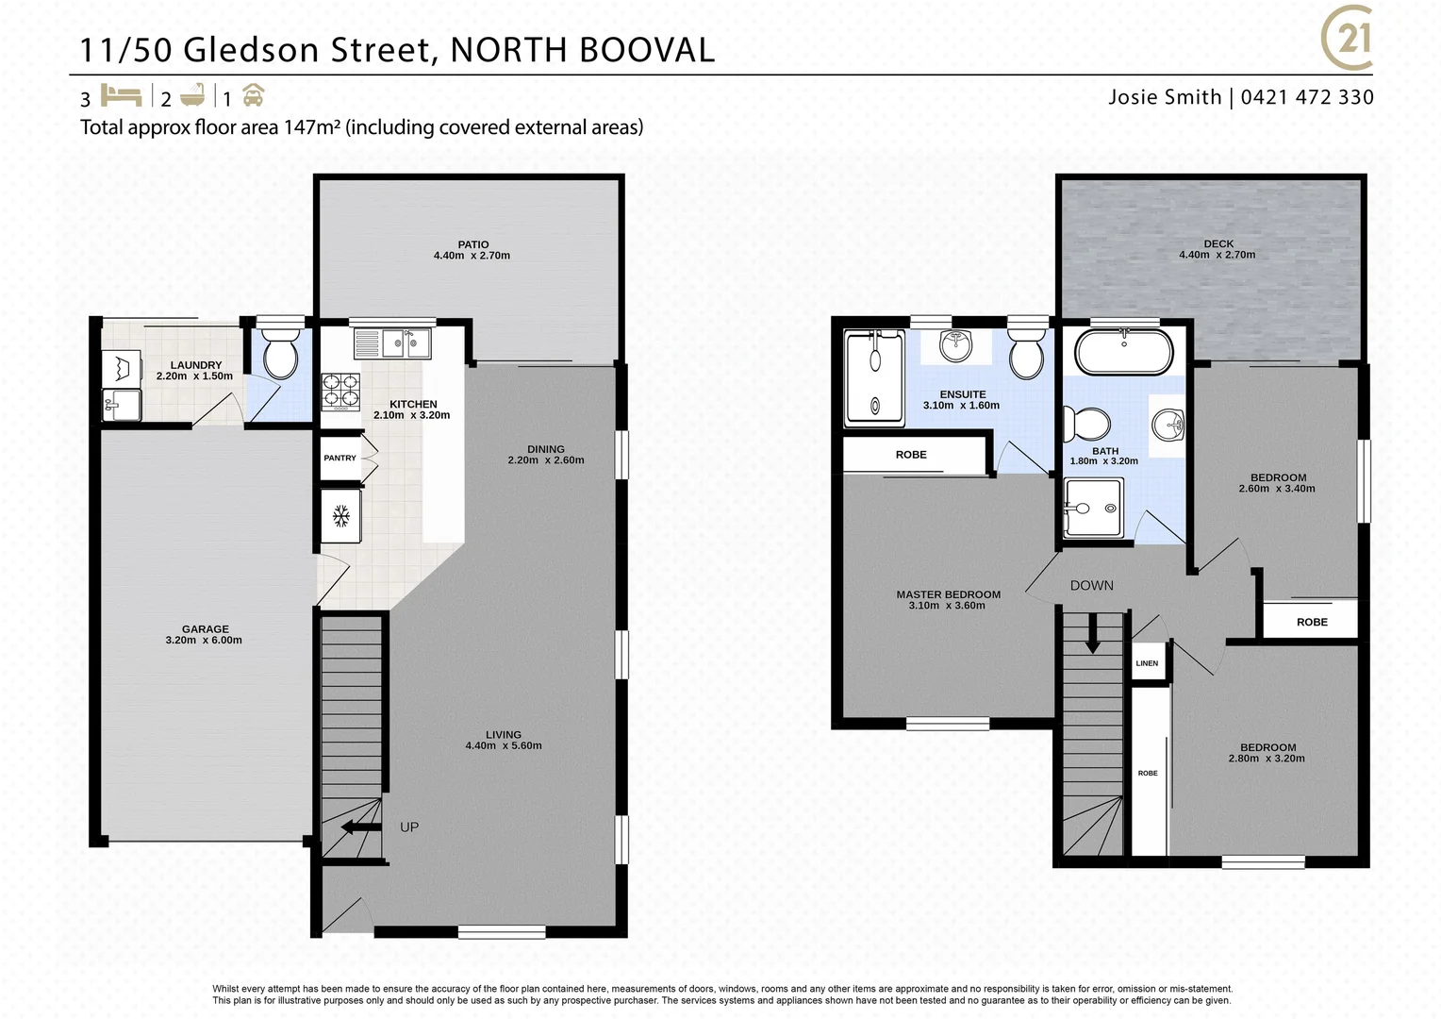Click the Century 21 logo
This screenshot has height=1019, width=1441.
point(1348,40)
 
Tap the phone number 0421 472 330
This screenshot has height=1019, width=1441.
point(1307,97)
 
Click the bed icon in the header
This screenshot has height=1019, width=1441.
point(120,95)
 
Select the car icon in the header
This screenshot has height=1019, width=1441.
point(253,95)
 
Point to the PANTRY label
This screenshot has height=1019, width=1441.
point(340,458)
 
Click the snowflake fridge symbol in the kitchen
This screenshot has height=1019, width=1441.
point(341,516)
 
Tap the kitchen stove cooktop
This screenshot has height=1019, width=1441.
point(341,392)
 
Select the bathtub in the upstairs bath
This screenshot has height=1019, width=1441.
point(1124,352)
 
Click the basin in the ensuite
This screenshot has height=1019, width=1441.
point(956,344)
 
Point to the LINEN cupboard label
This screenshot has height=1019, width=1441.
point(1147,663)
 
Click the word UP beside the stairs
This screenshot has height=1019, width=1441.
point(409,827)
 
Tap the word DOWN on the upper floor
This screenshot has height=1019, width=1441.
point(1091,586)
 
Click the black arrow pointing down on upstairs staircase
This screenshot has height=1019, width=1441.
point(1092,633)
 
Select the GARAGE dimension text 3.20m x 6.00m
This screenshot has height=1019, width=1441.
point(204,641)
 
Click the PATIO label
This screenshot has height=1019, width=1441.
point(473,244)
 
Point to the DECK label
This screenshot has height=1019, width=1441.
point(1218,243)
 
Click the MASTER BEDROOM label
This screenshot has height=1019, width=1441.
point(948,594)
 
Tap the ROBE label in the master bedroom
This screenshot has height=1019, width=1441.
point(911,455)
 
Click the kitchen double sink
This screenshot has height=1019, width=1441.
point(392,342)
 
